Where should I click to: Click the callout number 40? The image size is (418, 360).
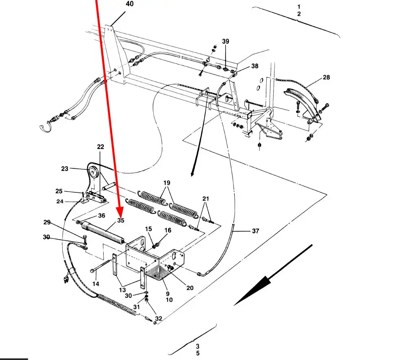130,4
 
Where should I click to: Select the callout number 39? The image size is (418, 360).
226,41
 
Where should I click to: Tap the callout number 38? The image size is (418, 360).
255,66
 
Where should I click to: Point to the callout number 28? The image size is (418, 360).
326,77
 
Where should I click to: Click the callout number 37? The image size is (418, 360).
255,231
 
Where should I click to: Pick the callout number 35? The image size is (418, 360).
121,220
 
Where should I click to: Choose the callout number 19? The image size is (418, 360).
167,183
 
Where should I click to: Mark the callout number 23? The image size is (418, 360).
65,169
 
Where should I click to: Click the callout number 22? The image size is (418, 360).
100,147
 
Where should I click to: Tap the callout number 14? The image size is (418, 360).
96,284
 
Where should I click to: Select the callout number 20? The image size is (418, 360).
190,288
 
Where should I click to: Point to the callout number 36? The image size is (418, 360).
102,216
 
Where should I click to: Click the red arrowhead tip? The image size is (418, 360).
120,216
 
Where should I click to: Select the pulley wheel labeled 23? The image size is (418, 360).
93,172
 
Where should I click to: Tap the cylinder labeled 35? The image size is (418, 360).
102,232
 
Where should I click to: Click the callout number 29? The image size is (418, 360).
47,223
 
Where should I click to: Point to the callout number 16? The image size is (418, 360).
168,230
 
